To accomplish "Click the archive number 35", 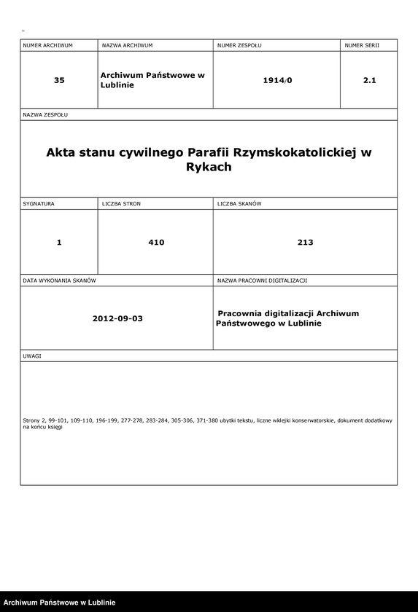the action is pyautogui.click(x=59, y=80).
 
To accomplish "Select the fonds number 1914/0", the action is pyautogui.click(x=277, y=80).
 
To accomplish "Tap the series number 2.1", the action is pyautogui.click(x=369, y=80).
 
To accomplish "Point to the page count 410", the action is pyautogui.click(x=156, y=243).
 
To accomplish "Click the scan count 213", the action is pyautogui.click(x=306, y=243).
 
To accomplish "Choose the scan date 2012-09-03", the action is pyautogui.click(x=117, y=319).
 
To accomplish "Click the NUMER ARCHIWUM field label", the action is pyautogui.click(x=47, y=45).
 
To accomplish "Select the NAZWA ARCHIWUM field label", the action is pyautogui.click(x=127, y=45).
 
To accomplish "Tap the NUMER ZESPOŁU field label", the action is pyautogui.click(x=239, y=45).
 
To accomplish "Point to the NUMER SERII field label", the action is pyautogui.click(x=362, y=45).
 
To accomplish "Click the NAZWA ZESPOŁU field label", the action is pyautogui.click(x=45, y=115).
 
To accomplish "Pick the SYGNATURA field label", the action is pyautogui.click(x=39, y=204).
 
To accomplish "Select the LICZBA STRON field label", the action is pyautogui.click(x=121, y=204).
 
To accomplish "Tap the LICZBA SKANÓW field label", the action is pyautogui.click(x=239, y=204).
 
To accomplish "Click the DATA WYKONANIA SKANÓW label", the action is pyautogui.click(x=60, y=280).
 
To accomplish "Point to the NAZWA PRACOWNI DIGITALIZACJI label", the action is pyautogui.click(x=262, y=280).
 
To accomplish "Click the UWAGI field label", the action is pyautogui.click(x=32, y=356).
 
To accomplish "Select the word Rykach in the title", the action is pyautogui.click(x=209, y=167).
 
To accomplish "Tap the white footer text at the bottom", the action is pyautogui.click(x=58, y=603).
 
